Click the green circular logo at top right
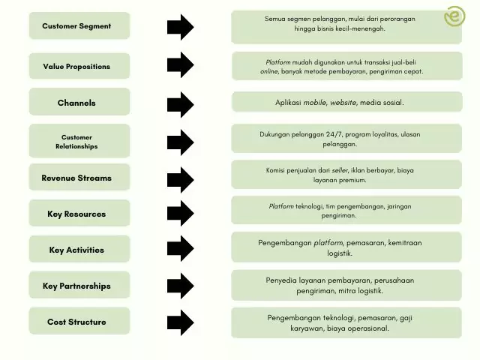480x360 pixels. (454, 16)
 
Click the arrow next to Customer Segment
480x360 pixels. (180, 27)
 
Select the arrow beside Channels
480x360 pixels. (180, 103)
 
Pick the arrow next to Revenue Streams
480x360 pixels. (180, 178)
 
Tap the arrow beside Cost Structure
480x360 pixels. (180, 322)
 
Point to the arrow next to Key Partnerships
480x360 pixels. (180, 286)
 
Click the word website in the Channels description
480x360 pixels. (343, 103)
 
